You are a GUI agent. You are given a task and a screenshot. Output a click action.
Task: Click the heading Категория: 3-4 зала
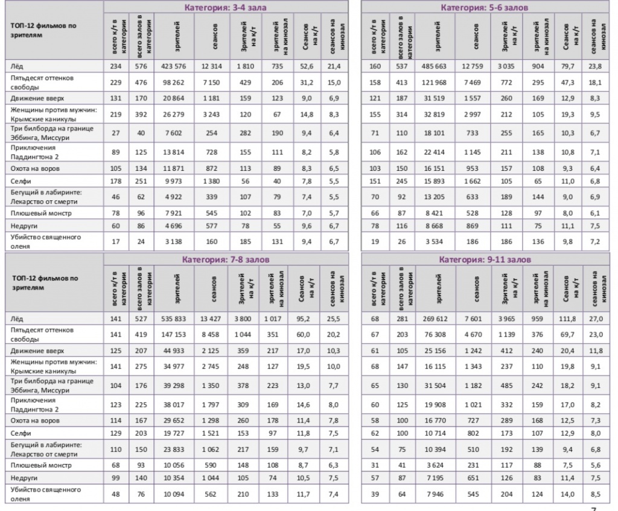[225, 8]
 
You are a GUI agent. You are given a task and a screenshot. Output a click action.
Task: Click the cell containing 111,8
[569, 318]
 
